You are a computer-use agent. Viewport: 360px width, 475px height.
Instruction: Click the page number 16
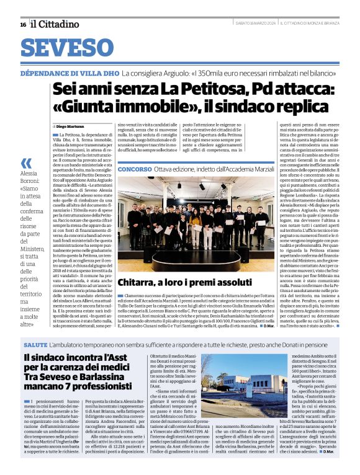point(22,24)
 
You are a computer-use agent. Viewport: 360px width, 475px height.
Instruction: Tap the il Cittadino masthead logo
point(56,24)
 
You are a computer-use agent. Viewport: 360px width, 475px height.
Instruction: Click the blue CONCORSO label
point(134,168)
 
